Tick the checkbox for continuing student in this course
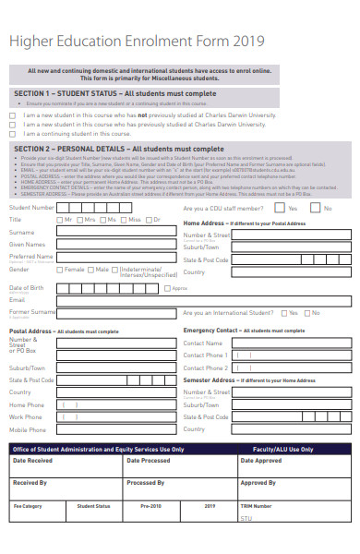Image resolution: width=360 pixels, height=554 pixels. click(x=13, y=133)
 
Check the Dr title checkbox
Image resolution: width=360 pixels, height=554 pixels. click(x=150, y=220)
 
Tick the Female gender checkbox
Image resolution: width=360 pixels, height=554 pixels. click(x=59, y=270)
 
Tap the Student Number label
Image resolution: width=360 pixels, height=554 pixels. click(x=31, y=208)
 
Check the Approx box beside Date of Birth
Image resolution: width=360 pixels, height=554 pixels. click(x=169, y=288)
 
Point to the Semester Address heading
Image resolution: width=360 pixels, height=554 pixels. click(x=210, y=379)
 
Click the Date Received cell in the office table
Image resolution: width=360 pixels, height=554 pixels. click(x=33, y=460)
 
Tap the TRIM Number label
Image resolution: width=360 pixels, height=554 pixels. click(x=256, y=506)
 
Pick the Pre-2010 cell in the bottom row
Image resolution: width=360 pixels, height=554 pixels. click(x=150, y=506)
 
